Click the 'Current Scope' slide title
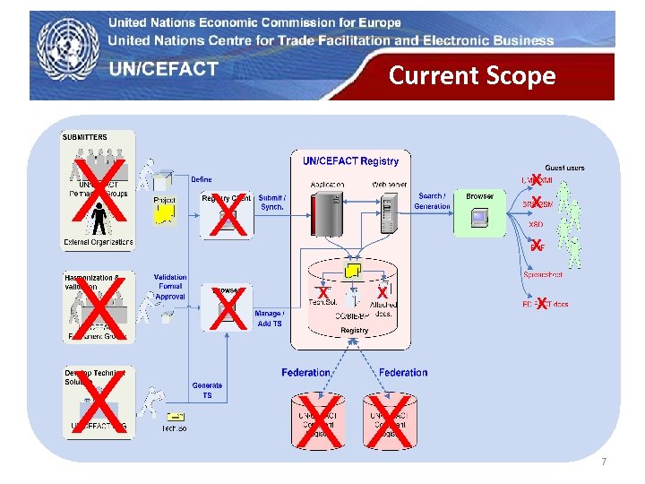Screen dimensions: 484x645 coord(472,75)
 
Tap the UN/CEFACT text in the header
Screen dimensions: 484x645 coord(164,70)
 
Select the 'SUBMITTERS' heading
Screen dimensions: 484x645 coord(85,137)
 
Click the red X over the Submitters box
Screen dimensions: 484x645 coord(98,191)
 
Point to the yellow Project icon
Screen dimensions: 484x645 coord(165,212)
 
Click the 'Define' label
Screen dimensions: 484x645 coord(202,179)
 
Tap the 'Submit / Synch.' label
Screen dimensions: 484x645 coord(272,202)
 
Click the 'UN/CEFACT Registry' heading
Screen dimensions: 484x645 coord(350,161)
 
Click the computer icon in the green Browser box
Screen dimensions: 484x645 coord(480,217)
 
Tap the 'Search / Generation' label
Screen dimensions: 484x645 coord(432,201)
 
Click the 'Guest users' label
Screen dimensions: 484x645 coord(564,168)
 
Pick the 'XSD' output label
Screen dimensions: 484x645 coord(535,225)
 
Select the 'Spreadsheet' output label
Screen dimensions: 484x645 coord(543,274)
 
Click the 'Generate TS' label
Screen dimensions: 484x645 coord(207,390)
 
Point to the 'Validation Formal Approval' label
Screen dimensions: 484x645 coord(170,286)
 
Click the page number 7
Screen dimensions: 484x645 coord(604,462)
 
